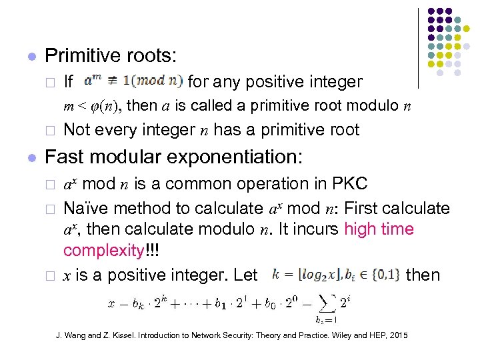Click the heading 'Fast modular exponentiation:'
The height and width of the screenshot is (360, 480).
click(x=173, y=158)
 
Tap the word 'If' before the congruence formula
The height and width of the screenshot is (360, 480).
click(x=69, y=83)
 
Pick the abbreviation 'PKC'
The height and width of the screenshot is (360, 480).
click(x=343, y=184)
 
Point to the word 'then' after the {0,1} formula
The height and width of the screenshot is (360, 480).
click(x=423, y=274)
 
